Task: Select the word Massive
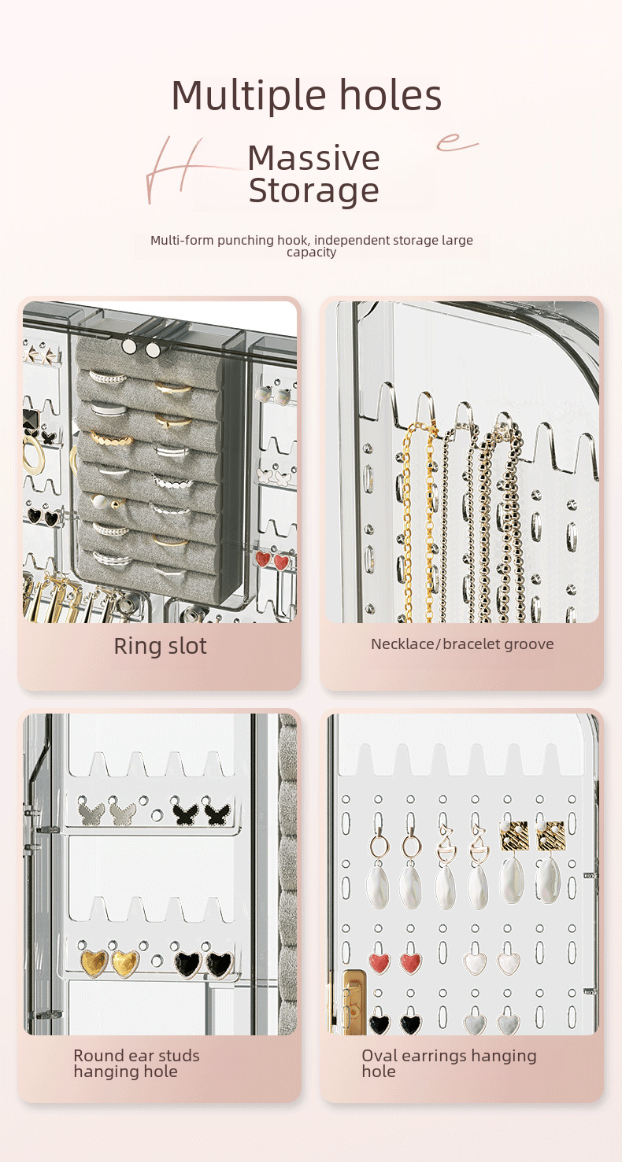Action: pyautogui.click(x=313, y=158)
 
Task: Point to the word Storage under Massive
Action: pyautogui.click(x=313, y=191)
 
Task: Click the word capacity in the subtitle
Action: pyautogui.click(x=311, y=253)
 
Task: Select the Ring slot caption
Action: pyautogui.click(x=160, y=646)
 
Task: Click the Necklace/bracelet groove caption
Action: pyautogui.click(x=462, y=644)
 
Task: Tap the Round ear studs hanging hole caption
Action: pyautogui.click(x=136, y=1063)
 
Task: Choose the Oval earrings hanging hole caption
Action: pyautogui.click(x=449, y=1063)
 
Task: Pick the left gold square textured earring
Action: pyautogui.click(x=513, y=836)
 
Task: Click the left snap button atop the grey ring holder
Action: pyautogui.click(x=129, y=346)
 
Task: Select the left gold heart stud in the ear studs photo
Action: pyautogui.click(x=94, y=962)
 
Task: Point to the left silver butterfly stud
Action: pyautogui.click(x=93, y=810)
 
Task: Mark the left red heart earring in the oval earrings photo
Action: pyautogui.click(x=379, y=961)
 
